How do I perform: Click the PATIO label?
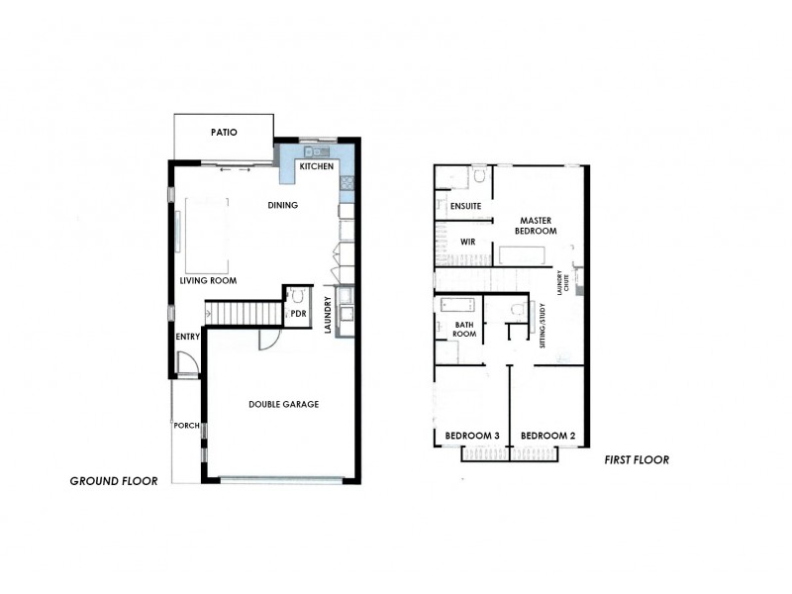223,133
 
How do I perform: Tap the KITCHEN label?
318,167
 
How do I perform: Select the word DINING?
283,205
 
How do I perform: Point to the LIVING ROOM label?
209,280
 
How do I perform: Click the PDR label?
297,314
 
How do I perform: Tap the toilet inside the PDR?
296,295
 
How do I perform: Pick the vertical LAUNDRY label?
328,316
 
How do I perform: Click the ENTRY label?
188,337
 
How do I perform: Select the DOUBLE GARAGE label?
283,404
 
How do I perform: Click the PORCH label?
186,427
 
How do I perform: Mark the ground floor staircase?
244,314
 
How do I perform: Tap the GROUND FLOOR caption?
114,481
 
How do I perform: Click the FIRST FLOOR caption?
637,459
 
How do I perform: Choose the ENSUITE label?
465,206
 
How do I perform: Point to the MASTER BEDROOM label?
536,225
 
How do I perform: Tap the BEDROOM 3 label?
470,436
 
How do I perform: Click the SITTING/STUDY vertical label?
542,323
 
